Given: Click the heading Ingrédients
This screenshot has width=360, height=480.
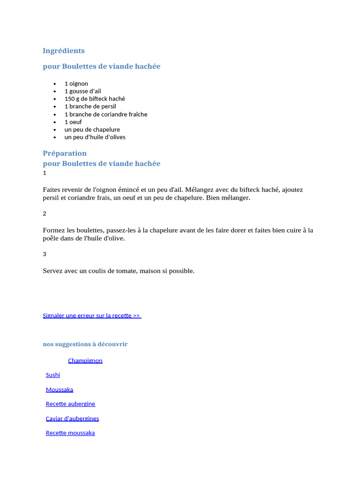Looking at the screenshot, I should pos(64,51).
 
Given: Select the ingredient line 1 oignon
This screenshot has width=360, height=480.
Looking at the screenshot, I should pos(76,83).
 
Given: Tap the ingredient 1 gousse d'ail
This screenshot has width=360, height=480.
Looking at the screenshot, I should pos(82,91).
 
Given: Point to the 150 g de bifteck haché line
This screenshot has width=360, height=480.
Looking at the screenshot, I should pos(95,99).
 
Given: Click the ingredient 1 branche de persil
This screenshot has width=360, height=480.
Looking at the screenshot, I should pos(90,106).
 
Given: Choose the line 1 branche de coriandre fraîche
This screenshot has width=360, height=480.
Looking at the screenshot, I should pos(105,114).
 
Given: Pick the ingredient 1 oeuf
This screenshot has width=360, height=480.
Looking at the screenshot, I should pos(73,122).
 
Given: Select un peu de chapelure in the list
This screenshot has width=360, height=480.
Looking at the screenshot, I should pos(92,129).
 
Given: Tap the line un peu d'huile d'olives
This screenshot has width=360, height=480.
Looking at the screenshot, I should pos(95,137).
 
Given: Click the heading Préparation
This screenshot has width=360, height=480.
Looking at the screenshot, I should pos(65,153).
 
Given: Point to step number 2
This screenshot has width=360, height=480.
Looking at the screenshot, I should pos(45,214).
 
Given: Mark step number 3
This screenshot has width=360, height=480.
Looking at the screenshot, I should pos(45,254).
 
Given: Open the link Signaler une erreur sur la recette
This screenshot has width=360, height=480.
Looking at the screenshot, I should pos(91,315).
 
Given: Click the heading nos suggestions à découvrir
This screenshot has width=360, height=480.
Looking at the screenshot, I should pos(85,344).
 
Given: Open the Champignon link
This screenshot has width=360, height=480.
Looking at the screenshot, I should pos(85,360).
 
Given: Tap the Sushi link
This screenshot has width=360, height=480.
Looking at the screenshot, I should pos(53,375).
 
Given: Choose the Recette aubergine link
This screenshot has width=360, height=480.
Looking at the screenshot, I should pos(70,404).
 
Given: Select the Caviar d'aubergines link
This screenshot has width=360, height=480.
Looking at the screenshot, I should pos(72,418).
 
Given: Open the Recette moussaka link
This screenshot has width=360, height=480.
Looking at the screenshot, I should pos(70,433).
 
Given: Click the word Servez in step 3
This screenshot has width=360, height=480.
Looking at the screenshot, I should pos(53,271).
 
